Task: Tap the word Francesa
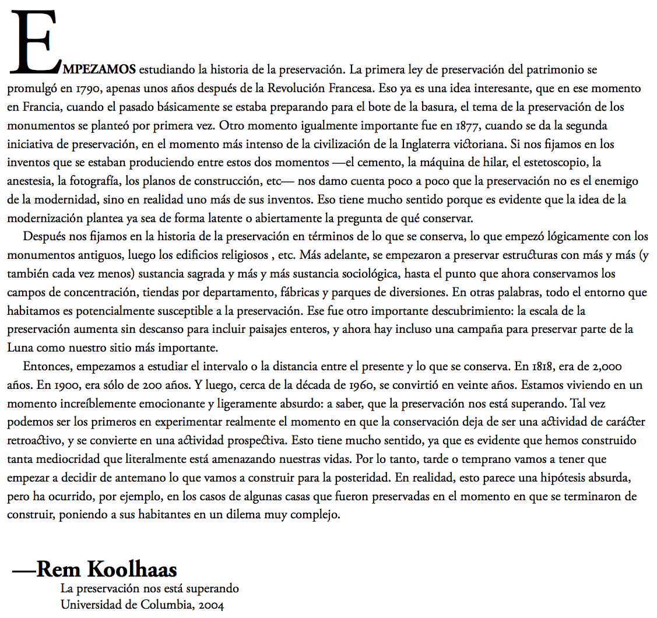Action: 350,89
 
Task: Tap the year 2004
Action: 211,605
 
